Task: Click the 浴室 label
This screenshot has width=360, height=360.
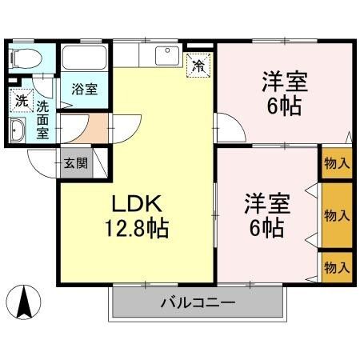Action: click(84, 89)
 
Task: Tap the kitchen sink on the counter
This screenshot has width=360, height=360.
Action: click(168, 57)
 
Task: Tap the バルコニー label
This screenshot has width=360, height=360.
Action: click(197, 303)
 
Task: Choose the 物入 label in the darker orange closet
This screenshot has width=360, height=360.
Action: click(336, 215)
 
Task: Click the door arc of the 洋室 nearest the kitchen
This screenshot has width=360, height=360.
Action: click(227, 126)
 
